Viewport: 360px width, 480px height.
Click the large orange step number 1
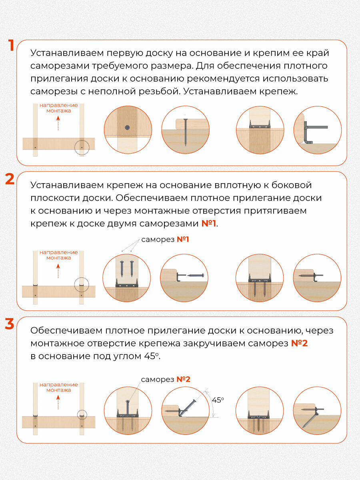tap(12, 45)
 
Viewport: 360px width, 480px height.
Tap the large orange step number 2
tap(10, 179)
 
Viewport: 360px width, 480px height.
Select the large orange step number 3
tap(10, 324)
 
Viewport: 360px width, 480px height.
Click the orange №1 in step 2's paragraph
tap(208, 223)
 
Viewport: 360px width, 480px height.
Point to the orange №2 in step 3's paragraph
tap(299, 343)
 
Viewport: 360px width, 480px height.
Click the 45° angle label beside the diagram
tap(218, 400)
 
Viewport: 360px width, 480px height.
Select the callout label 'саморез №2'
tap(165, 379)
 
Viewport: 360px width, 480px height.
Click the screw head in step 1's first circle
tap(127, 128)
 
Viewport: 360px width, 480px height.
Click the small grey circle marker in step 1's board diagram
tap(82, 148)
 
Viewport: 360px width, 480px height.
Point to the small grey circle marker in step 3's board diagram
tap(82, 416)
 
